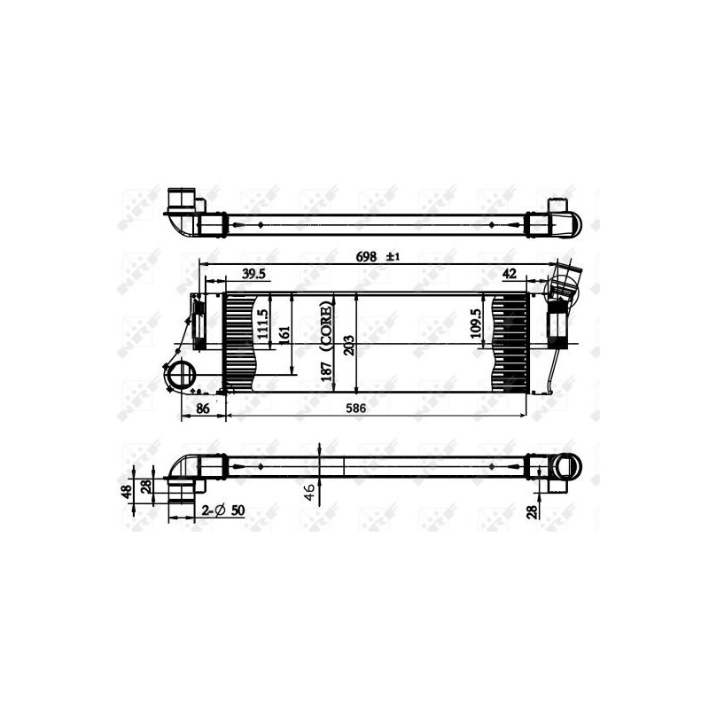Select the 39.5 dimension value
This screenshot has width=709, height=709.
253,275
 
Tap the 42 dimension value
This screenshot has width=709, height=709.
509,275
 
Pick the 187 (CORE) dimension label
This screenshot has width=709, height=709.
327,341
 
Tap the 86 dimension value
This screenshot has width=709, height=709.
203,409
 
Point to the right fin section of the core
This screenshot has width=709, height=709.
510,342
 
